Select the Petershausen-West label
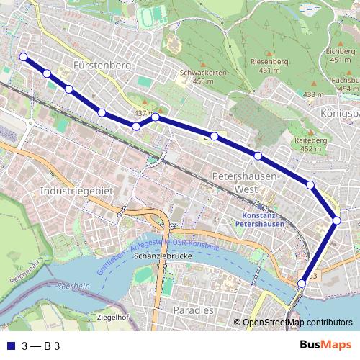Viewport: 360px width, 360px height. pos(246,181)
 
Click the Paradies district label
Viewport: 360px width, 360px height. pos(194,310)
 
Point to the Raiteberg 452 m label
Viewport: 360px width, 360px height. pos(311,145)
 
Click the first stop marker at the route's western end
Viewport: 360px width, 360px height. pos(23,57)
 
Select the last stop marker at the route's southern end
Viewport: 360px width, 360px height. pos(301,284)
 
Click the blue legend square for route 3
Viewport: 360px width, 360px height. pos(9,346)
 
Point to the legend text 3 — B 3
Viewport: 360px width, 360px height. pos(41,346)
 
